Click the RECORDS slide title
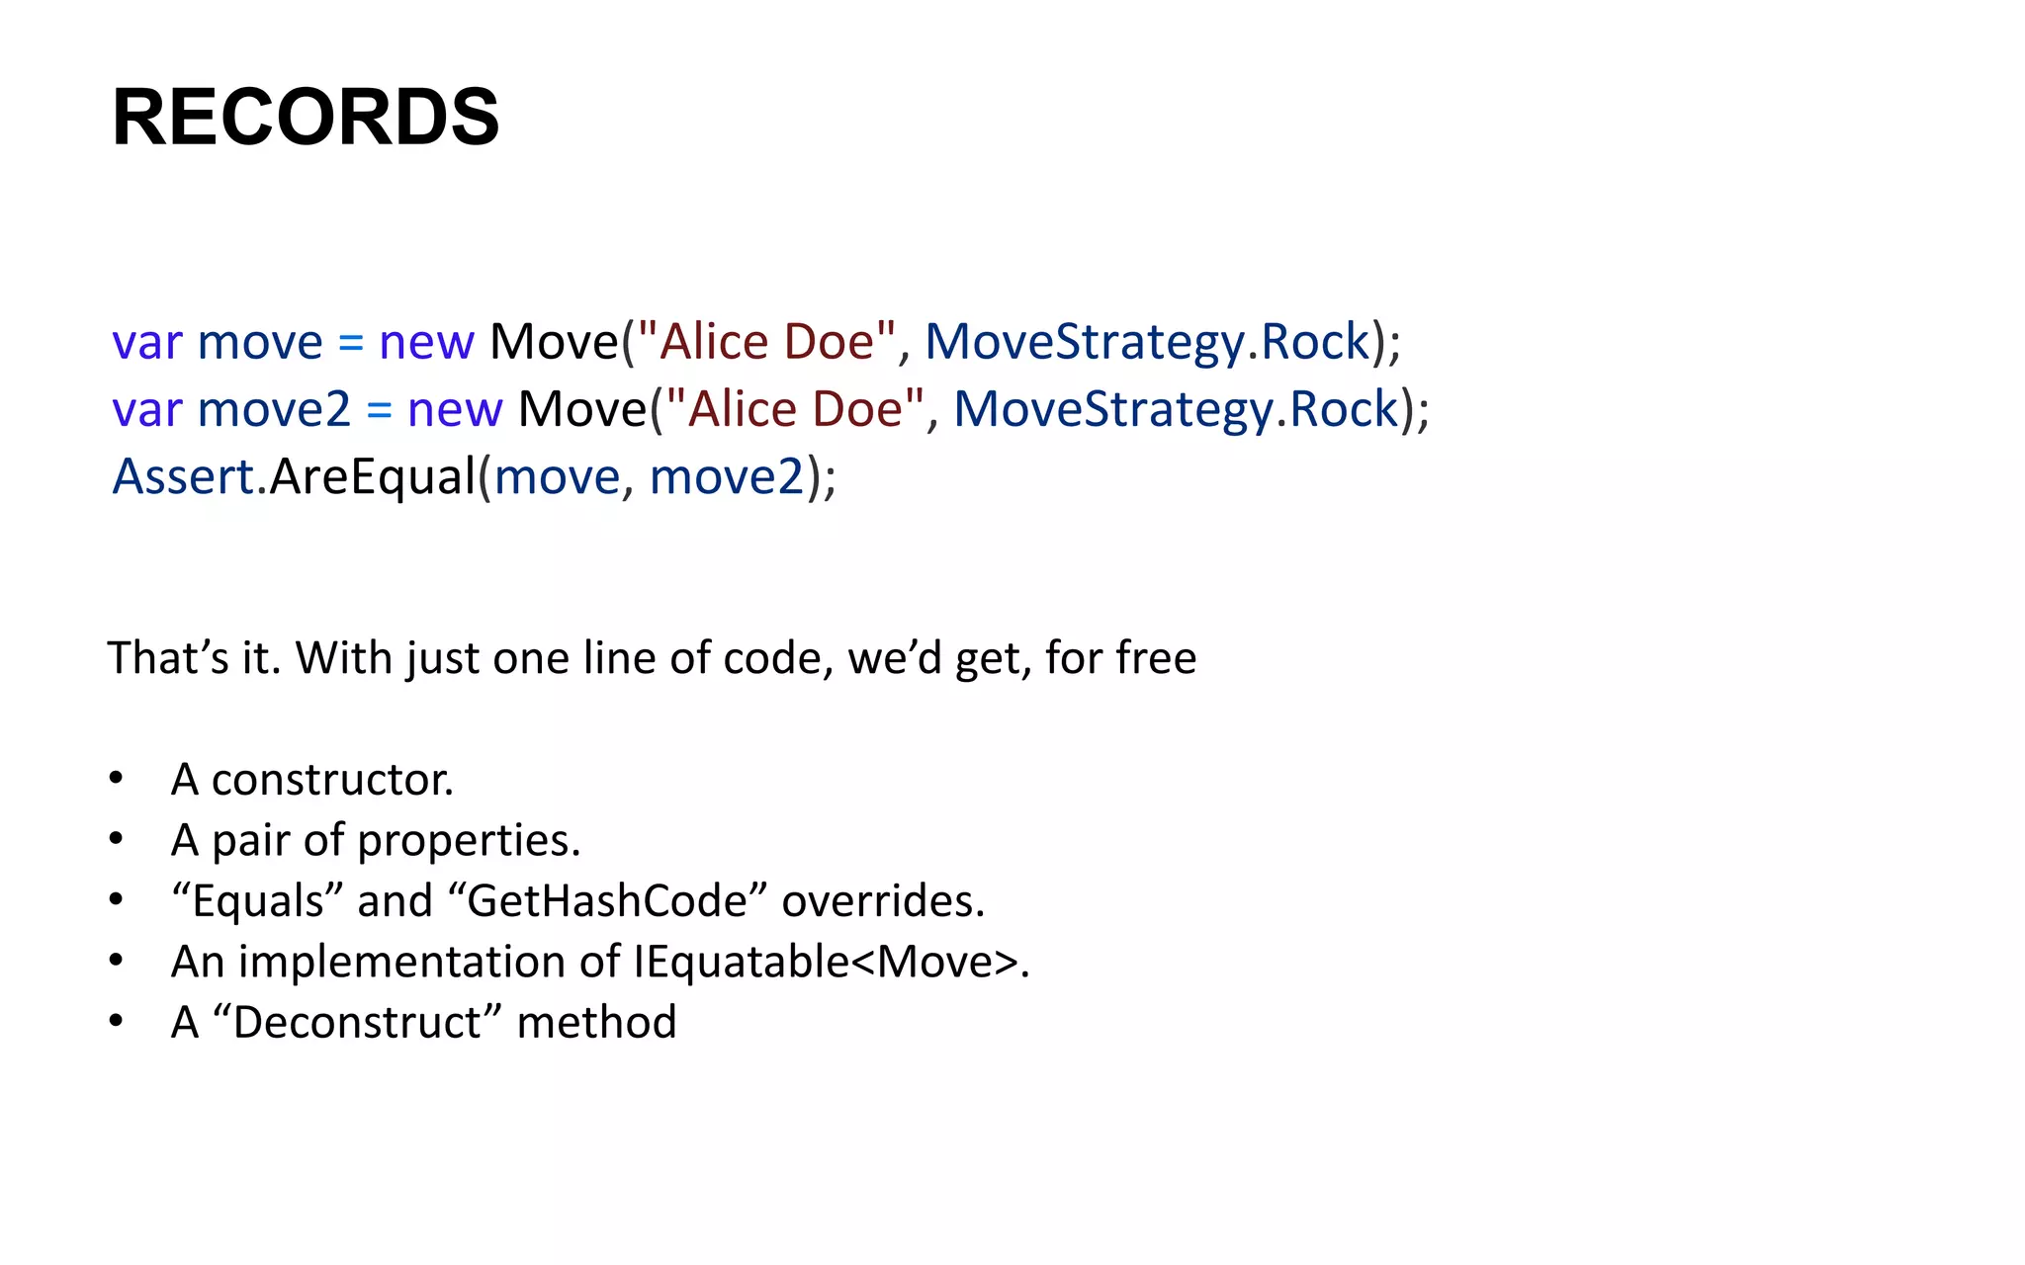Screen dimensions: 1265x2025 (306, 118)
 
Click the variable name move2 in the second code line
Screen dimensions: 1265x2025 (274, 409)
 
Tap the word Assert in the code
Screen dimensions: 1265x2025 (184, 476)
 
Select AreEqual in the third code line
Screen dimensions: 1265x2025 (373, 476)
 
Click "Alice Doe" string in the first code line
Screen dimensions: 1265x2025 (766, 342)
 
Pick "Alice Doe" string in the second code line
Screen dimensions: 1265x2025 (795, 409)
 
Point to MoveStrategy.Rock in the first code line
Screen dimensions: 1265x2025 (1147, 342)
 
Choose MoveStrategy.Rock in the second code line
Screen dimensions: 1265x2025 (1176, 409)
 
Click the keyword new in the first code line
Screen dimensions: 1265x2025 (426, 342)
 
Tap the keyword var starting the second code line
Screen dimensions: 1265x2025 (147, 409)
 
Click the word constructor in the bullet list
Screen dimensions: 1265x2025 (331, 780)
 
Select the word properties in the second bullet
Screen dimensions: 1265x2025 (468, 841)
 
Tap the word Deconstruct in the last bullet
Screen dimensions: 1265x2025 (357, 1022)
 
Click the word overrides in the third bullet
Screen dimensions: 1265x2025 (882, 901)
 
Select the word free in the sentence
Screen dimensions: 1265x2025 (1156, 658)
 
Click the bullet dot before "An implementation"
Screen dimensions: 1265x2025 (117, 961)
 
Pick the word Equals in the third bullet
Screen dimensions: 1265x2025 (256, 901)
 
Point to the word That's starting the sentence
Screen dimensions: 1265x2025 (167, 658)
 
